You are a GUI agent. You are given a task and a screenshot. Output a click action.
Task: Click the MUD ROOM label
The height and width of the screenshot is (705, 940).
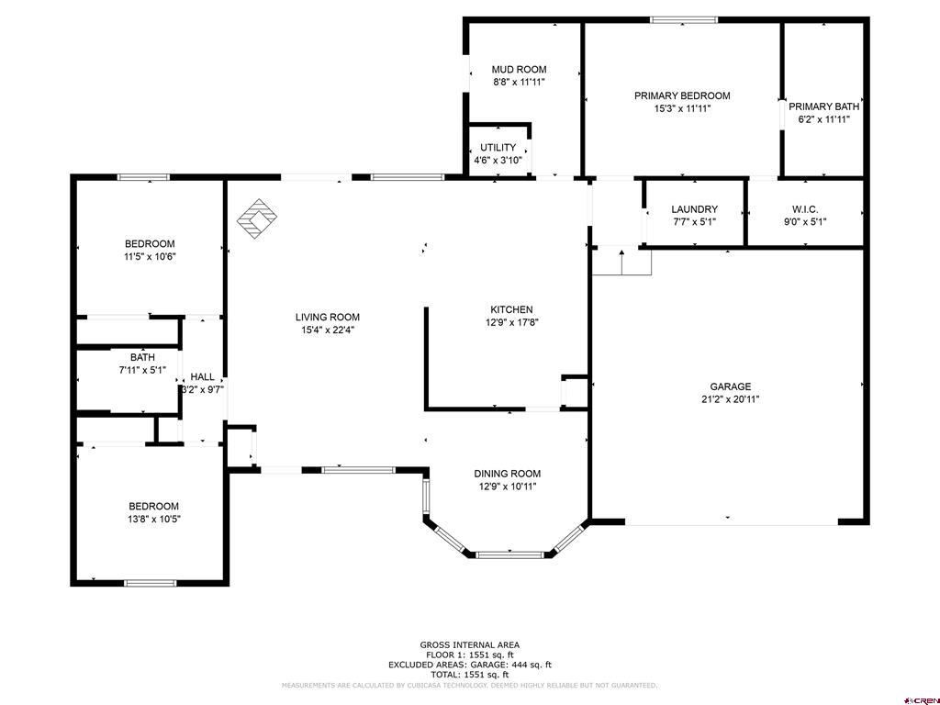pos(520,70)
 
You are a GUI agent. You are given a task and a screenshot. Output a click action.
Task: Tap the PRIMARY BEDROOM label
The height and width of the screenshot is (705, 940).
pos(682,95)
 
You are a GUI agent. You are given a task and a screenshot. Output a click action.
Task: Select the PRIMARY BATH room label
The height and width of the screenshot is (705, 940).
pos(823,106)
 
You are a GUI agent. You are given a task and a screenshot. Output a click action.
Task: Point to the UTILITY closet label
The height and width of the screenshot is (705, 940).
pos(498,148)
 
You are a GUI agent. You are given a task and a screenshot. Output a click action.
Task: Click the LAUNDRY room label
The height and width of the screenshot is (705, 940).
pos(694,209)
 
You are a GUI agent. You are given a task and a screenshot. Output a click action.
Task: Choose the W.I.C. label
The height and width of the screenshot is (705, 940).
pos(805,209)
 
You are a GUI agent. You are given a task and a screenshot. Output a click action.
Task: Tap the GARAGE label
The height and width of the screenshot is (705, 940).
pos(730,386)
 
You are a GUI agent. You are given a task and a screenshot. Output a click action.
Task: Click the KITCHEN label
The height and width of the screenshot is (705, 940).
pos(511,310)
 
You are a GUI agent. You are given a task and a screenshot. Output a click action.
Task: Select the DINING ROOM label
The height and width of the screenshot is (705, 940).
pos(507,474)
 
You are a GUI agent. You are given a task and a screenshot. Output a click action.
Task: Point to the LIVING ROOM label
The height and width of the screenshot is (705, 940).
pos(328,317)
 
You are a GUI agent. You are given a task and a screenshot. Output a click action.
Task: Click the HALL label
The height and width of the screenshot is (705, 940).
pos(203,377)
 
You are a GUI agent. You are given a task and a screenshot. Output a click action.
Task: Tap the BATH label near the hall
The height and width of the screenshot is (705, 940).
pos(142,357)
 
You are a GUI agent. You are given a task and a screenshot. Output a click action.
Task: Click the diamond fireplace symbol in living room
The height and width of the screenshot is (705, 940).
pos(257,218)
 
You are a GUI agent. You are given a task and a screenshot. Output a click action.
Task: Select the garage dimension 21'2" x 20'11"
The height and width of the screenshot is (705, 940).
pos(730,399)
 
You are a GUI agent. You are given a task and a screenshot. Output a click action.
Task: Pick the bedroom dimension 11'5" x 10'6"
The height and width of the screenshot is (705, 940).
pos(150,257)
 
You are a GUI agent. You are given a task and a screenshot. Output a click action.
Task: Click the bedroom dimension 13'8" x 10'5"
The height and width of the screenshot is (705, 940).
pos(154,520)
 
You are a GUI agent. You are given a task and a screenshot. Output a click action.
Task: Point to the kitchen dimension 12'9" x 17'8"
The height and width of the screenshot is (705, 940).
pos(512,322)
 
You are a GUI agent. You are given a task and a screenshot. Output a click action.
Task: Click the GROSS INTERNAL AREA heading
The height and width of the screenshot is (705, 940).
pos(470,645)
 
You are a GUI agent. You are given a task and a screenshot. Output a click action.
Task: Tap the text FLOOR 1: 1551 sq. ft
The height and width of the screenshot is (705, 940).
pos(470,655)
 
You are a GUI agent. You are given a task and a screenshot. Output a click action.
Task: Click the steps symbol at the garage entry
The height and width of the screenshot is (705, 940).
pos(621,261)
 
